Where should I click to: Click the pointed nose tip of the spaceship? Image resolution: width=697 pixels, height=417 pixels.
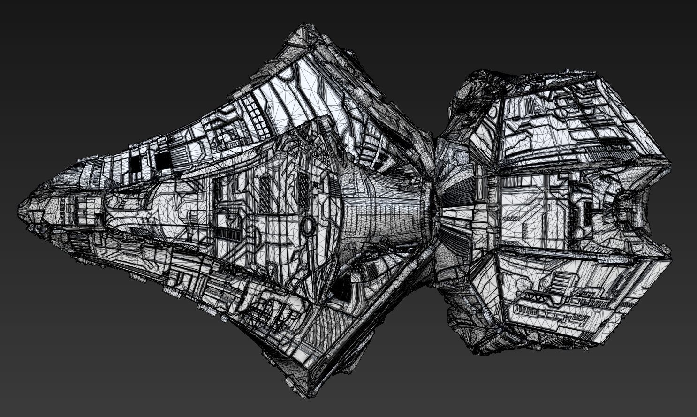pos(20,207)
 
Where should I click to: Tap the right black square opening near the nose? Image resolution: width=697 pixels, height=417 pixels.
pos(163,161)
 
